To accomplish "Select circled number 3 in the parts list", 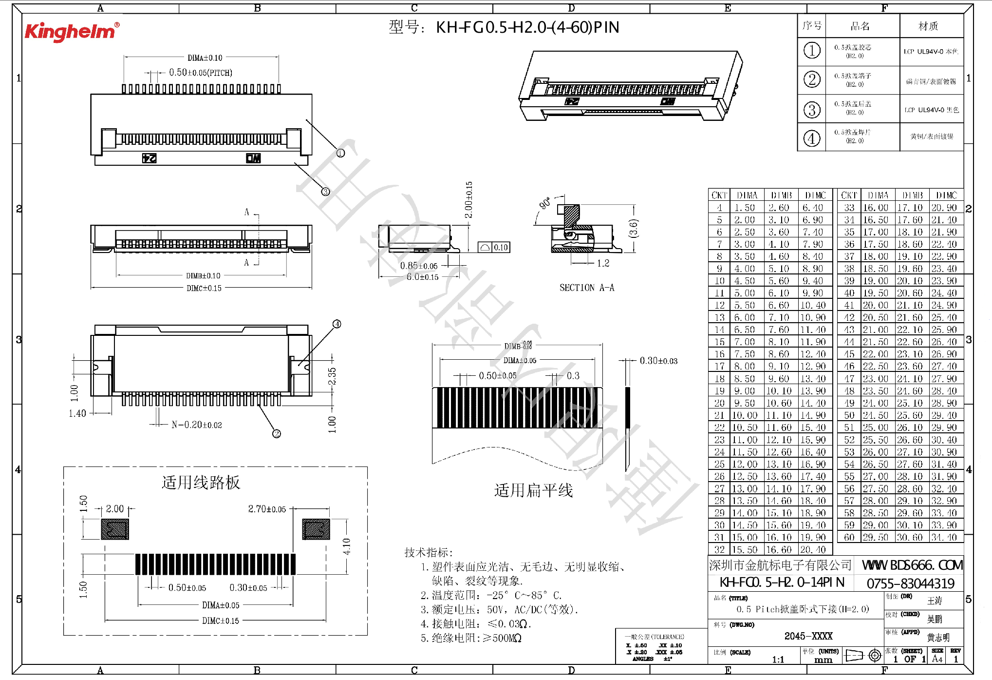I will tap(811, 110).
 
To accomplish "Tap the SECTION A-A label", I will tap(586, 288).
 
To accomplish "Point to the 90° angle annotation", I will tap(545, 203).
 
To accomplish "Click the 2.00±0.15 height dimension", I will tap(468, 200).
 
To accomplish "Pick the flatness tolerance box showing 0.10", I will tap(493, 248).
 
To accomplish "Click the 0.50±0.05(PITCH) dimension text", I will tap(200, 73).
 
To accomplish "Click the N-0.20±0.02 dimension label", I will tap(196, 425).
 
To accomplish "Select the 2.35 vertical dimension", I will tap(332, 376).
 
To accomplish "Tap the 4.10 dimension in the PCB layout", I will tap(346, 546).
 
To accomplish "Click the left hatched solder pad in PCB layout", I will tap(115, 529).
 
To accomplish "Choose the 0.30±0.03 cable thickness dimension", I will tap(658, 361).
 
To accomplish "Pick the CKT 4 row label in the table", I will tap(719, 208).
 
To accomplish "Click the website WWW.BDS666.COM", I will tap(912, 565).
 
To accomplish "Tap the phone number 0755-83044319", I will tap(910, 583).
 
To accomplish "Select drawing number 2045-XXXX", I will tap(808, 636).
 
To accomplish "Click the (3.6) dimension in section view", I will tap(633, 228).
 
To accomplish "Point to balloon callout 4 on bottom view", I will tap(337, 324).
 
